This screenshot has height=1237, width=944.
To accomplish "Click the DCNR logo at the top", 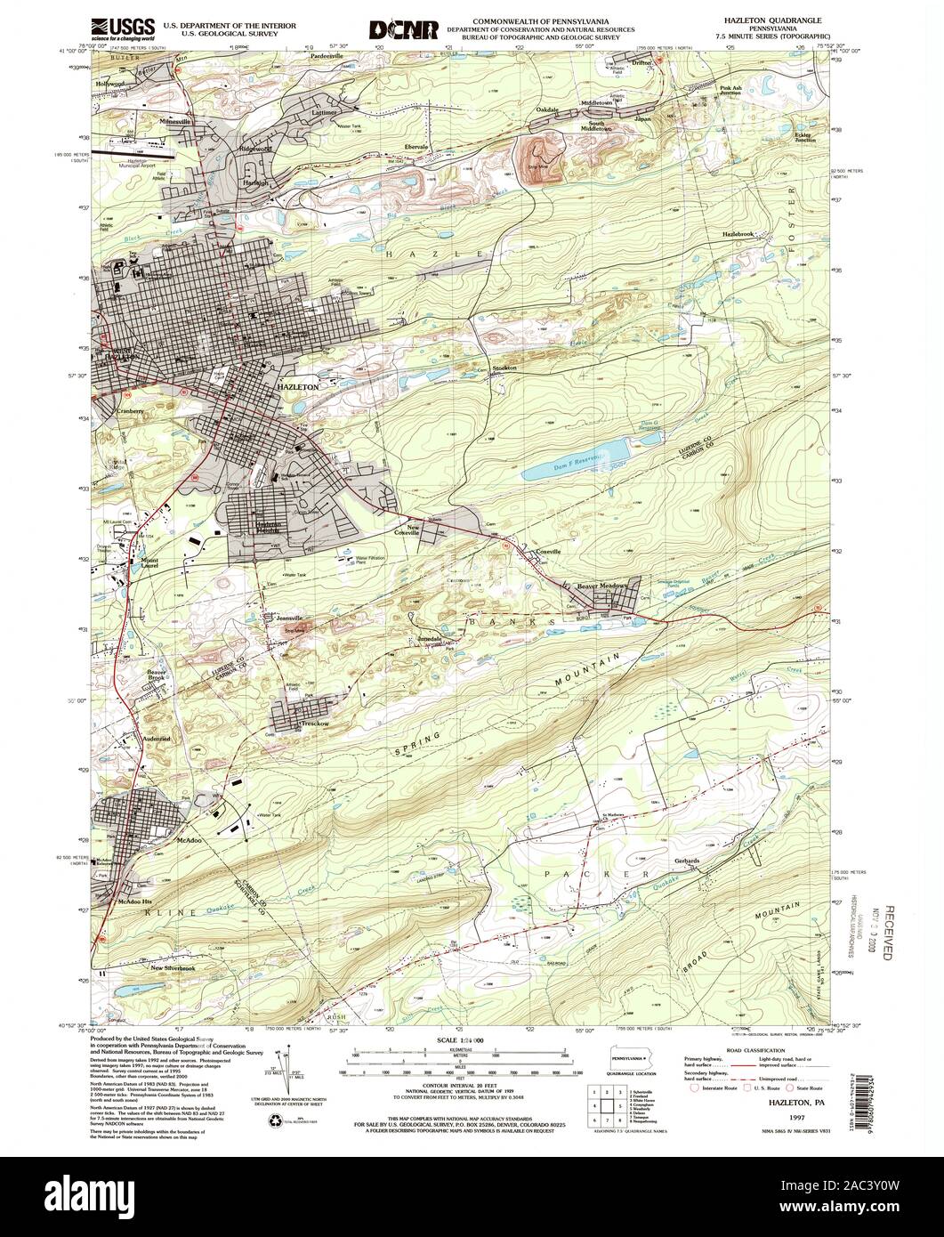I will [405, 30].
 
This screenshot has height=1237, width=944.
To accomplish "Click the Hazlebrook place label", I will [738, 234].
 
